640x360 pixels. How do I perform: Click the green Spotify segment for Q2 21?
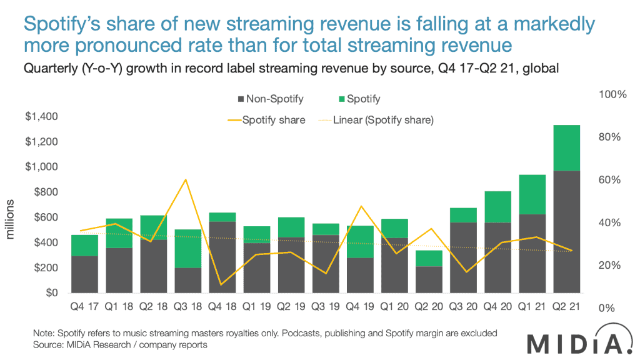[x=566, y=147]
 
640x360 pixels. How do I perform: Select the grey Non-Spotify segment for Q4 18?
[x=222, y=257]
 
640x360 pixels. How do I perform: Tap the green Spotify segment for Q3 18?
[x=188, y=249]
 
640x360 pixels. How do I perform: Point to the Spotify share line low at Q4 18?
[x=222, y=284]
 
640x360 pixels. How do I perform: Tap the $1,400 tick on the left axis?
[x=41, y=116]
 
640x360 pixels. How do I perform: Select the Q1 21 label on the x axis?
[x=532, y=306]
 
